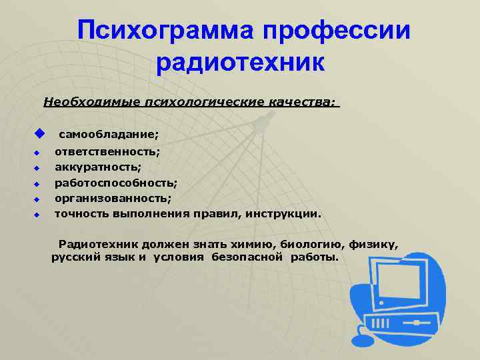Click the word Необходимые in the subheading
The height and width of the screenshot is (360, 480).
pyautogui.click(x=86, y=103)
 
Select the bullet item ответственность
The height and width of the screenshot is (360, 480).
pyautogui.click(x=107, y=153)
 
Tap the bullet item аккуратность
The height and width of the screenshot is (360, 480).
pyautogui.click(x=97, y=168)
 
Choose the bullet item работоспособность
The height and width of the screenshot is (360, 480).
pyautogui.click(x=115, y=183)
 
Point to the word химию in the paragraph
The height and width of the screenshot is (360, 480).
pyautogui.click(x=263, y=244)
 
